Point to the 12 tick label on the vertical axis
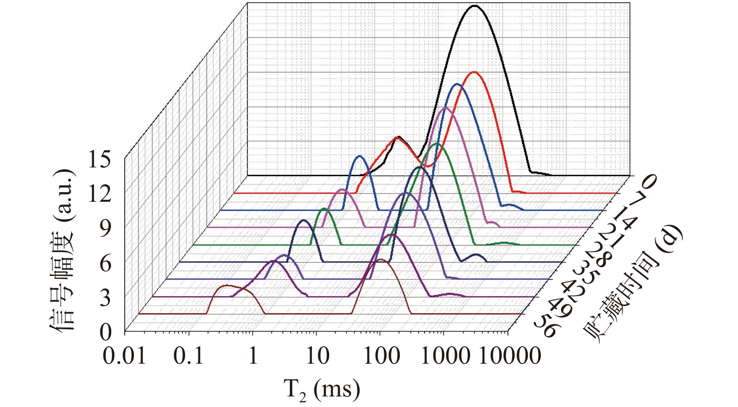100,194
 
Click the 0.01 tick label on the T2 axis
124,356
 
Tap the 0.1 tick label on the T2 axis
189,356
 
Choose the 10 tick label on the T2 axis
317,356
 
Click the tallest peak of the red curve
474,72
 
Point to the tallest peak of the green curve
437,144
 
